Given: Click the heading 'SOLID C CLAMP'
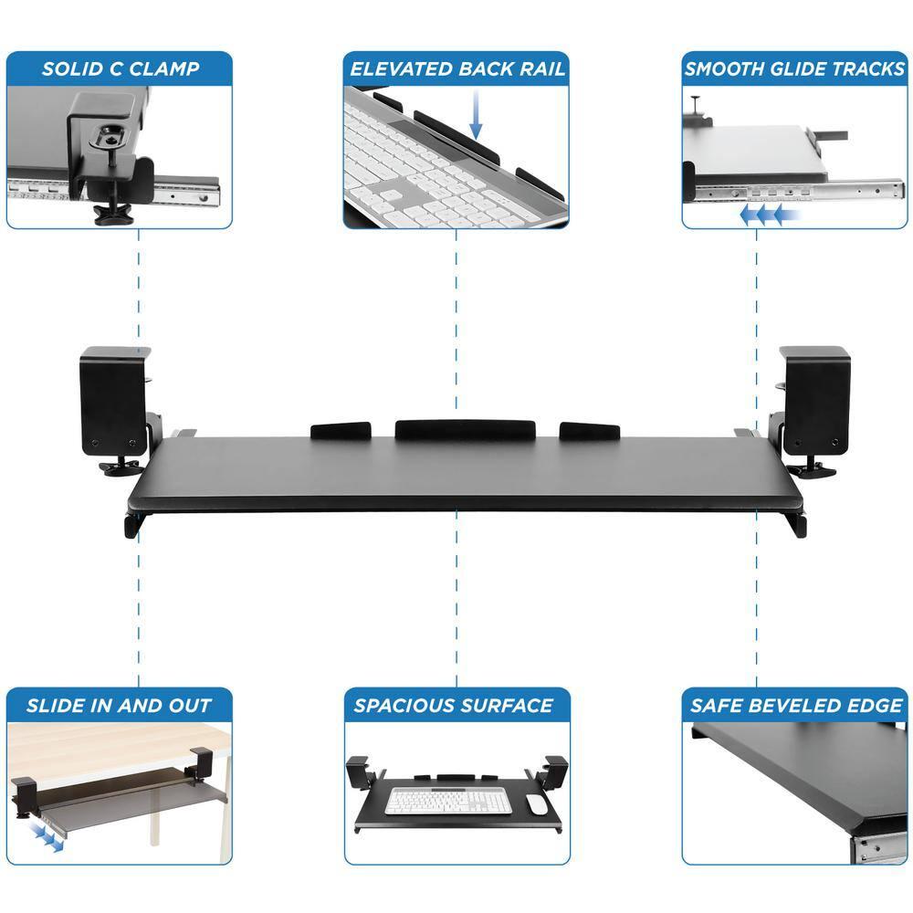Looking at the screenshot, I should [120, 68].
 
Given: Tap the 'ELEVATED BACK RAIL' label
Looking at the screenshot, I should [456, 68].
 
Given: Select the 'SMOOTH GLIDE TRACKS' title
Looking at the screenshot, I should [793, 68].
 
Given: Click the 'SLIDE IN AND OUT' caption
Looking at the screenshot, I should [119, 705].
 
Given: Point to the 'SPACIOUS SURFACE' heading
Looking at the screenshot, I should [454, 705].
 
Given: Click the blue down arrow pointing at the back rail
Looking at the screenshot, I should [475, 119].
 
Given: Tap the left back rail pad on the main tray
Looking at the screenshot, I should [341, 429].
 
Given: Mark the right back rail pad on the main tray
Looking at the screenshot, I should [590, 429].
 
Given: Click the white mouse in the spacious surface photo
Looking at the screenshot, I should [536, 803].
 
